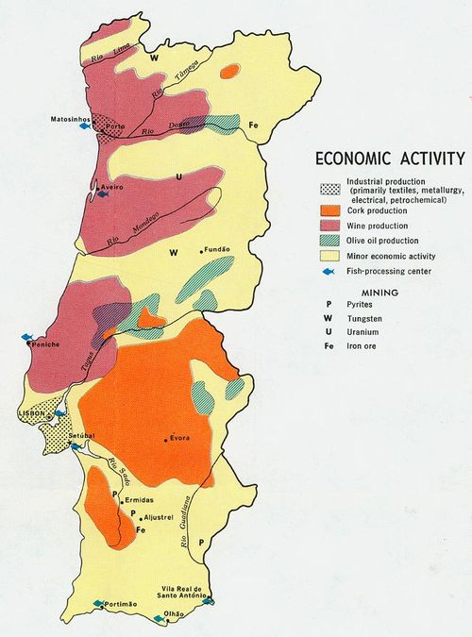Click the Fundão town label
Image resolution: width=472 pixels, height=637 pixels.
click(x=216, y=250)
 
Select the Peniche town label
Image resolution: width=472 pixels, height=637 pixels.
click(x=45, y=345)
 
